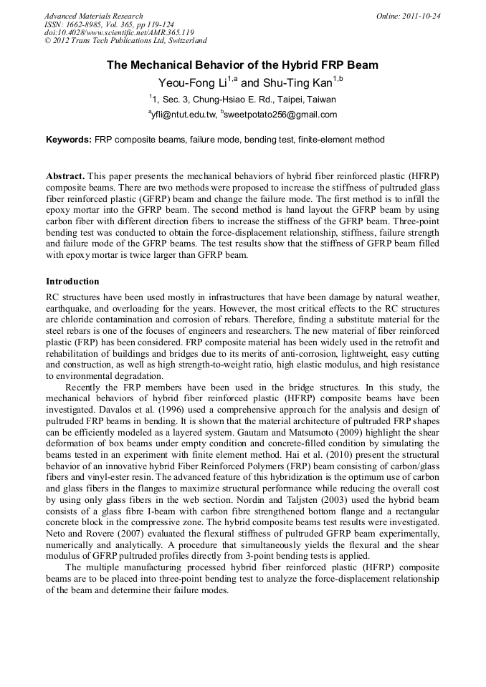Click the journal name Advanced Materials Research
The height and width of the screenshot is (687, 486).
[94, 16]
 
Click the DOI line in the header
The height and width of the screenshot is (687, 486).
[119, 33]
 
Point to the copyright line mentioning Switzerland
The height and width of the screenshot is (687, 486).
[125, 42]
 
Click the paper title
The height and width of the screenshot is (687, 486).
[242, 65]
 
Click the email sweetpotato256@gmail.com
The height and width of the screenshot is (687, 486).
[281, 115]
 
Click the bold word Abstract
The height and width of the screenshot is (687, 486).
[66, 176]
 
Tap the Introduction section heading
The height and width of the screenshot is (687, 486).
[72, 282]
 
